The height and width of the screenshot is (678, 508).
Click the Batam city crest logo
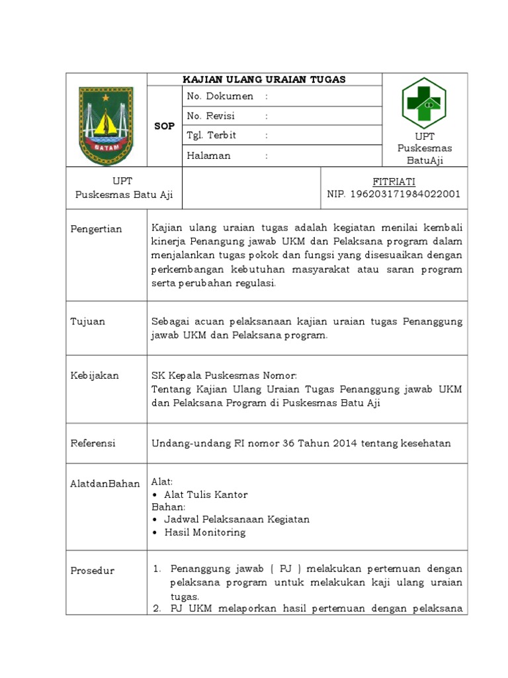pos(106,125)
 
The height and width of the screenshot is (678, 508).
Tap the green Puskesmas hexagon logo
pos(424,103)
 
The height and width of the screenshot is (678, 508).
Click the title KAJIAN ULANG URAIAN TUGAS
pos(265,79)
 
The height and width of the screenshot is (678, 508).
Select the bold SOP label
pos(164,126)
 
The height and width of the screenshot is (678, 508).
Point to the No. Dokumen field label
pos(220,97)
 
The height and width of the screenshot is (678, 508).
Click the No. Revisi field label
pos(211,116)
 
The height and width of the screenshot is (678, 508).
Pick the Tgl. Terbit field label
pos(212,136)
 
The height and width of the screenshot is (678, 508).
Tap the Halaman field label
pos(209,156)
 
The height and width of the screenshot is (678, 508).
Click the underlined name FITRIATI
pos(394,181)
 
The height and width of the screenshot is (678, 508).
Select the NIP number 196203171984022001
pos(394,194)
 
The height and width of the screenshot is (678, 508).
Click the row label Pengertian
pos(97,229)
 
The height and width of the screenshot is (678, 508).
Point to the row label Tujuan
pos(88,322)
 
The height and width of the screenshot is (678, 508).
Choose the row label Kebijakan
pos(95,375)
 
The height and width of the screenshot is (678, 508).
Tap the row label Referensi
pos(93,443)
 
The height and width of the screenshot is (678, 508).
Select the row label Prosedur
pos(93,571)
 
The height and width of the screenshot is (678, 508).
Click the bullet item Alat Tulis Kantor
pos(206,495)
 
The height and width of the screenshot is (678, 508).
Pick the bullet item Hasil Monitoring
pos(204,532)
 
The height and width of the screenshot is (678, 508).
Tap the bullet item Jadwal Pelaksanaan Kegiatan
pos(237,520)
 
